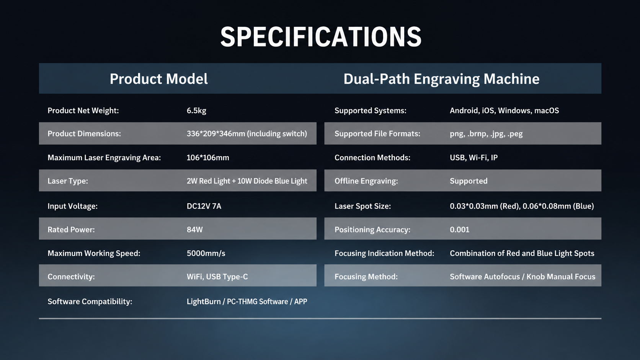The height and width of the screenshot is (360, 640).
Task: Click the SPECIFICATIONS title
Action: pyautogui.click(x=320, y=37)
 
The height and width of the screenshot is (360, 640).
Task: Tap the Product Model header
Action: pyautogui.click(x=158, y=79)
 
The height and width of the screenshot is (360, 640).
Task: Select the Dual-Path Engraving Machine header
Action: pyautogui.click(x=441, y=79)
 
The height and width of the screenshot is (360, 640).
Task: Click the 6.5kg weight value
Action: pyautogui.click(x=196, y=111)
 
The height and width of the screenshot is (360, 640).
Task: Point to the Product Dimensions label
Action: pyautogui.click(x=84, y=134)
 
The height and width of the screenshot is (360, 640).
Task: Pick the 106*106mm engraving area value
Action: pyautogui.click(x=208, y=158)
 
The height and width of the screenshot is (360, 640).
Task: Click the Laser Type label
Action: pyautogui.click(x=68, y=181)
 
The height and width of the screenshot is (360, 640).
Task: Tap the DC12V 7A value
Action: pyautogui.click(x=204, y=206)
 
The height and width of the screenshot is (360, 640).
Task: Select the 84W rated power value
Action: pyautogui.click(x=194, y=230)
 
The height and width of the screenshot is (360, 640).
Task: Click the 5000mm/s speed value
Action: pyautogui.click(x=206, y=254)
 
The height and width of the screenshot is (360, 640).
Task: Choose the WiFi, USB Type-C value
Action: pyautogui.click(x=217, y=277)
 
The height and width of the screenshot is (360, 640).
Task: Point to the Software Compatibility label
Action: pyautogui.click(x=90, y=302)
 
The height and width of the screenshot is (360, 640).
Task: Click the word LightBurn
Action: pyautogui.click(x=203, y=301)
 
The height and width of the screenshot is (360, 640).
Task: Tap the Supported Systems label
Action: pyautogui.click(x=370, y=111)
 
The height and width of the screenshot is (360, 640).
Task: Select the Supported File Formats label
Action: pyautogui.click(x=377, y=134)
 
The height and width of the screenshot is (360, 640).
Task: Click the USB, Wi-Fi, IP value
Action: pyautogui.click(x=474, y=158)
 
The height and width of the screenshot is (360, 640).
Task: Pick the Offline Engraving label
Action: pyautogui.click(x=366, y=181)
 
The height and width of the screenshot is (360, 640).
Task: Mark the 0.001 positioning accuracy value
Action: pyautogui.click(x=459, y=230)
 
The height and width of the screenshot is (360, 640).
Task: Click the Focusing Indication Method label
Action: pyautogui.click(x=384, y=254)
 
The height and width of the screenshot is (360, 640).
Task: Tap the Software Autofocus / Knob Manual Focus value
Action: pyautogui.click(x=522, y=277)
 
